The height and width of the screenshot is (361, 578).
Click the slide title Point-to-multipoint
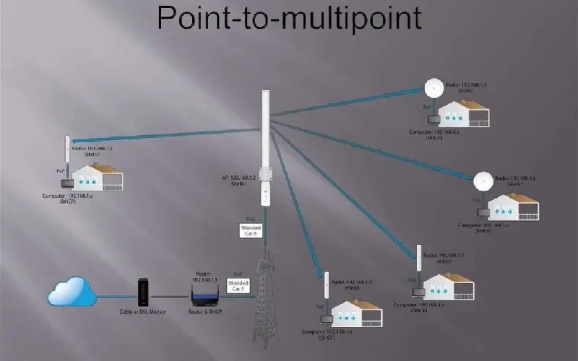click(x=289, y=17)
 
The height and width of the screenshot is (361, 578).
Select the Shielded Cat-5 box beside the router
click(x=238, y=284)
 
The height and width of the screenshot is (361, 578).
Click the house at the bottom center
click(x=356, y=313)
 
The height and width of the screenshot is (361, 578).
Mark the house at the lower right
click(x=450, y=286)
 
